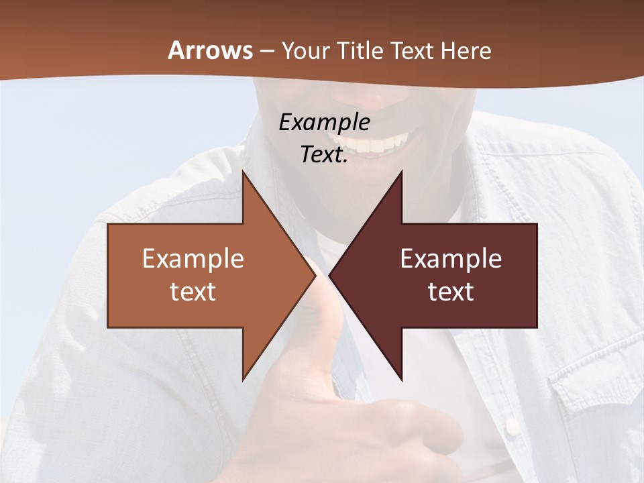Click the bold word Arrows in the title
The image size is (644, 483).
[x=210, y=51]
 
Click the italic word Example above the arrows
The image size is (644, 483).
[x=324, y=122]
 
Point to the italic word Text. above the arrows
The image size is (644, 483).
[x=324, y=154]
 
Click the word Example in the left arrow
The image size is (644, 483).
[x=193, y=259]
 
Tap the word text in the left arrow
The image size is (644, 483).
[x=193, y=292]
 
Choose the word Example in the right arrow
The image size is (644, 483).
[x=451, y=259]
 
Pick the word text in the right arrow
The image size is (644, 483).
[x=451, y=292]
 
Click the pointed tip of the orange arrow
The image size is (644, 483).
[x=315, y=276]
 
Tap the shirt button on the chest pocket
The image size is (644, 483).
[x=512, y=424]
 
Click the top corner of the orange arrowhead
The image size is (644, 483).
[x=243, y=172]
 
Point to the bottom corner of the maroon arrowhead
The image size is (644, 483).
[x=401, y=380]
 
